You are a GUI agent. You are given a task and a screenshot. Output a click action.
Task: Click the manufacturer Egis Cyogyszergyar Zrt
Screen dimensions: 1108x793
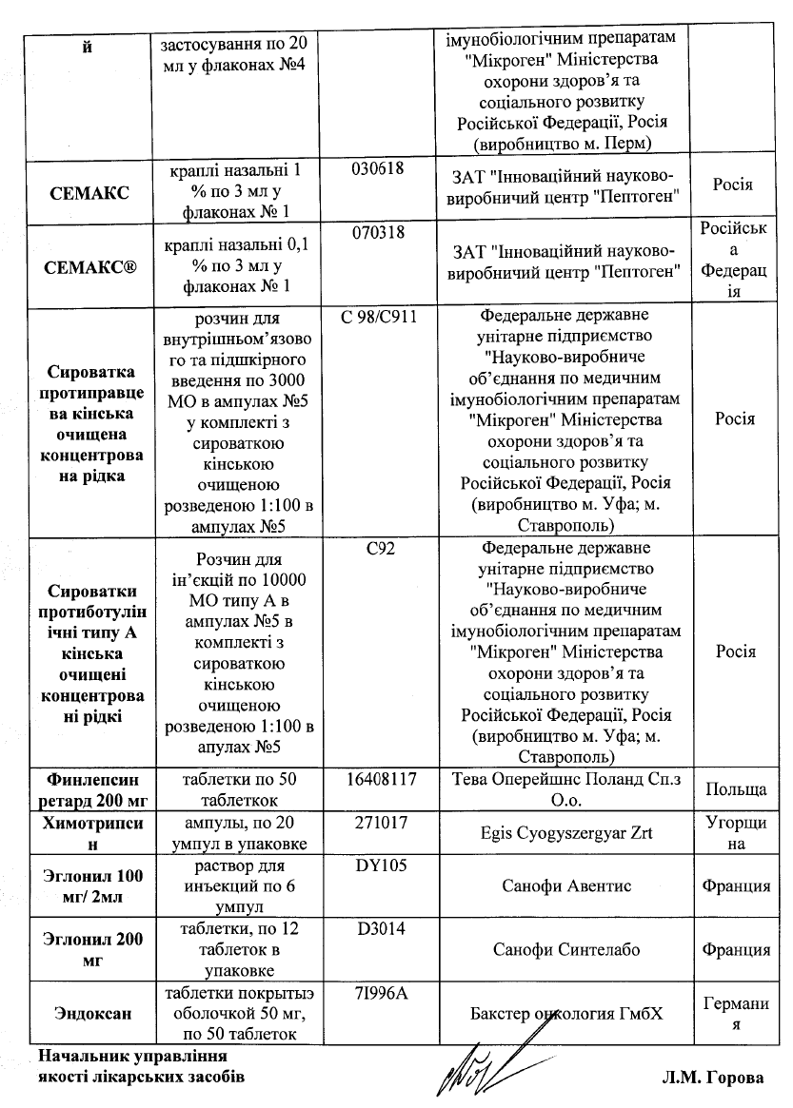click(x=565, y=832)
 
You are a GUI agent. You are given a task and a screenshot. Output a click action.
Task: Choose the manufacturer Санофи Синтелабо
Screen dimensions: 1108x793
click(x=565, y=949)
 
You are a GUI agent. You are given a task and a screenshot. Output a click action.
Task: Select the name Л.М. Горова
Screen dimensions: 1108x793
click(x=713, y=1078)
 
